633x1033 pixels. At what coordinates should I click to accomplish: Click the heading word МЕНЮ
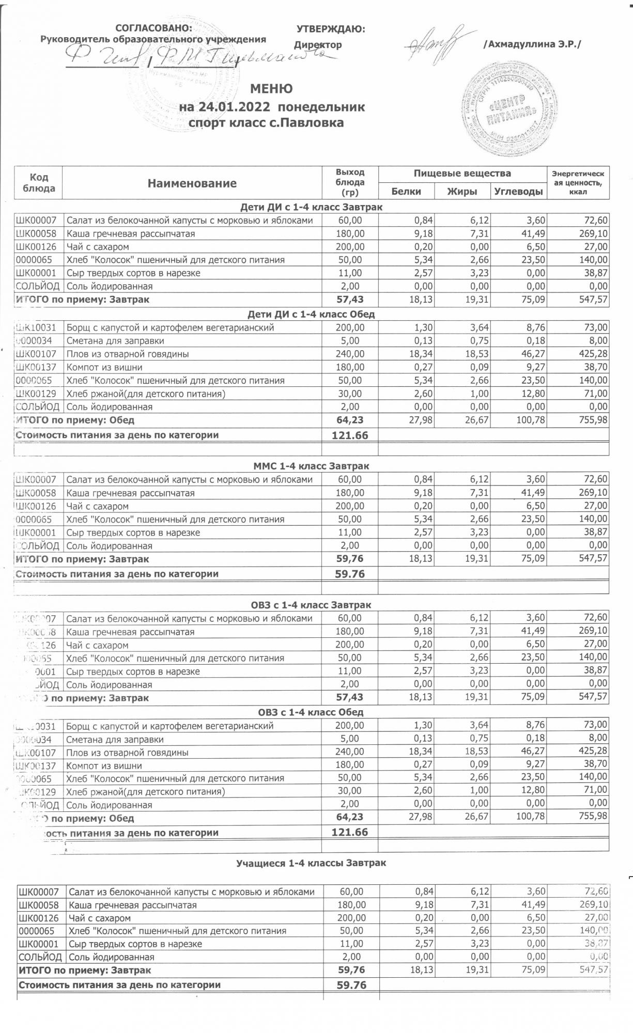272,89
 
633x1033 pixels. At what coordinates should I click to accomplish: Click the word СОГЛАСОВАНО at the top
153,28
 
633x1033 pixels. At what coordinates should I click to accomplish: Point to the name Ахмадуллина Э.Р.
532,45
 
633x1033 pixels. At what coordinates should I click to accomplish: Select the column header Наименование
192,183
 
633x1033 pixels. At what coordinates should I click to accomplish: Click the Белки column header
406,192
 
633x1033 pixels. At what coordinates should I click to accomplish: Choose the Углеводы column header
518,192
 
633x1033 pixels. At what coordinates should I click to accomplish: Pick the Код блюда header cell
39,183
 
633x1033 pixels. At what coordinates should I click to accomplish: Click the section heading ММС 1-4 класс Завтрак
312,466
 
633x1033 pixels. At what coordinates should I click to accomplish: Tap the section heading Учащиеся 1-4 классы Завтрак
311,863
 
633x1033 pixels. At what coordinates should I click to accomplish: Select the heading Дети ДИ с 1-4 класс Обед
311,314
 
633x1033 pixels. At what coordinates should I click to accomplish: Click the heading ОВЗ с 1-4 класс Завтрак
311,605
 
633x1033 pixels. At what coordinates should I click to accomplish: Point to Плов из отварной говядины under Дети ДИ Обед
128,354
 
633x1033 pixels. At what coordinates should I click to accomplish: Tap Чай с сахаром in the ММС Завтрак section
98,506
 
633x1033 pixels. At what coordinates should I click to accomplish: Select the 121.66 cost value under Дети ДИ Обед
350,435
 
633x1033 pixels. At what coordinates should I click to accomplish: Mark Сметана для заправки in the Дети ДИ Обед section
115,341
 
